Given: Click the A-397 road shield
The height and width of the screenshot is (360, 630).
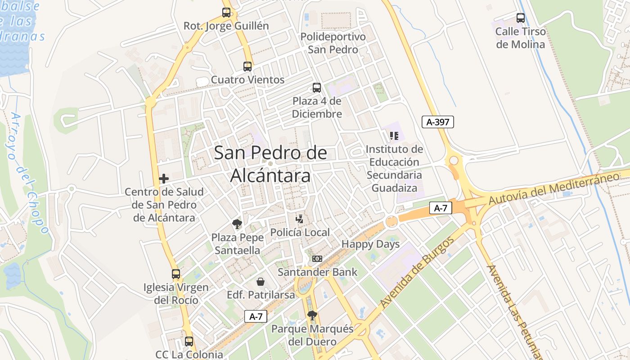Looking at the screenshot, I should [x=437, y=121].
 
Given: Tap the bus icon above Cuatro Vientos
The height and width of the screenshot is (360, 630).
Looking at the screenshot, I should [x=247, y=67].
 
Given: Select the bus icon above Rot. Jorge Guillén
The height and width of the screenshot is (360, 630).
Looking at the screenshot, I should [x=226, y=13].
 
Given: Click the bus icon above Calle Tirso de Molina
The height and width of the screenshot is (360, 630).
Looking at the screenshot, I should [x=521, y=18].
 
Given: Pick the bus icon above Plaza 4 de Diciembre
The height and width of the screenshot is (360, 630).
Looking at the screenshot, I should [x=317, y=88].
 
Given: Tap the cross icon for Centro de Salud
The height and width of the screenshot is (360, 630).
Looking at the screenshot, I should [x=164, y=179].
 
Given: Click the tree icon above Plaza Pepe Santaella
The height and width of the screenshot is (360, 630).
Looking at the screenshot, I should [x=237, y=224].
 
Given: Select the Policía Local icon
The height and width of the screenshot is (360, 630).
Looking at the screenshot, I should [x=300, y=219].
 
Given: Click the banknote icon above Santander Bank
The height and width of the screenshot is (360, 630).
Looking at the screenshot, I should [x=317, y=259].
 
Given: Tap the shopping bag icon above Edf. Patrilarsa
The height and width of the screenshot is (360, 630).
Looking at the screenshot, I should [x=261, y=282].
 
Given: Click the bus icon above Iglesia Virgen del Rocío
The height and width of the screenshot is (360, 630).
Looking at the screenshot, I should [x=176, y=274].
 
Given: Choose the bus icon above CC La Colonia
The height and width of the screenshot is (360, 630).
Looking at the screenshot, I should [x=189, y=342].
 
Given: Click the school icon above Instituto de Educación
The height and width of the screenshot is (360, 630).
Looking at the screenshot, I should [x=394, y=135].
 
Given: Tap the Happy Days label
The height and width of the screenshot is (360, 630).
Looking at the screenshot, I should [x=370, y=244].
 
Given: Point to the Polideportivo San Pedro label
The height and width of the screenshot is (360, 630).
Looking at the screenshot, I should [x=333, y=43].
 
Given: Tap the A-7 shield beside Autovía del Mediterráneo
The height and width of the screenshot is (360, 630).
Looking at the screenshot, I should [x=441, y=208].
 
